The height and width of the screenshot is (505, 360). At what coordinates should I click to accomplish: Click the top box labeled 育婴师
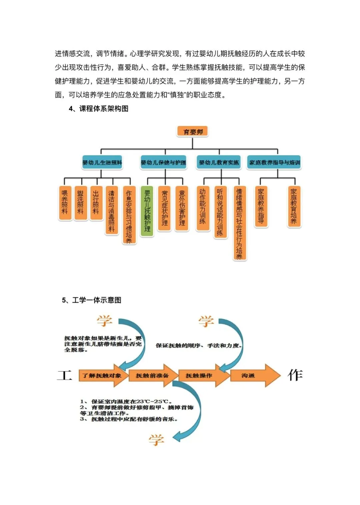[x=193, y=132]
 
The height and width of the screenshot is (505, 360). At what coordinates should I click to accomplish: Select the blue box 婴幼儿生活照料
[x=102, y=163]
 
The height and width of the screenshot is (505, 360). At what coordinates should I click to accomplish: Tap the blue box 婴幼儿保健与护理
[x=163, y=163]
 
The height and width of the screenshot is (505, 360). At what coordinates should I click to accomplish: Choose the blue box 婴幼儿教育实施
[x=219, y=163]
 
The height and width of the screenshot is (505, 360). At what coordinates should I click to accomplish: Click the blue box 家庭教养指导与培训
[x=274, y=163]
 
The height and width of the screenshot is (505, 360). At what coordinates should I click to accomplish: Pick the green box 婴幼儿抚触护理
[x=147, y=211]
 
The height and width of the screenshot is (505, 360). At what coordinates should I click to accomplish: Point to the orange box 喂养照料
[x=65, y=203]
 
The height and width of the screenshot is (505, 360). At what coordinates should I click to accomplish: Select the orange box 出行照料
[x=96, y=203]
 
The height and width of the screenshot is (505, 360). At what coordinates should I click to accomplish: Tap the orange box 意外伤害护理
[x=182, y=208]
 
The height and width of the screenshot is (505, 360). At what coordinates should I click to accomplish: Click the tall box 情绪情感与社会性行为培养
[x=239, y=223]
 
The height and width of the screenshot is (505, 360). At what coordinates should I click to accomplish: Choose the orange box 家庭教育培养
[x=294, y=206]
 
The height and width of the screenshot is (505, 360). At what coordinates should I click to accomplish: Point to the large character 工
[x=64, y=375]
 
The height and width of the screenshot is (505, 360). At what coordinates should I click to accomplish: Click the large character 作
[x=295, y=375]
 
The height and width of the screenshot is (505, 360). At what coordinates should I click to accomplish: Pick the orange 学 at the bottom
[x=156, y=440]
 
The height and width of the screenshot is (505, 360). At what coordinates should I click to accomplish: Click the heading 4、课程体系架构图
[x=98, y=109]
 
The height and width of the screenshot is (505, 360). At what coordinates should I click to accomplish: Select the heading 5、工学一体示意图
[x=92, y=300]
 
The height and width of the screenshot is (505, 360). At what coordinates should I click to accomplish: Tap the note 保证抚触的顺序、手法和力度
[x=199, y=346]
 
